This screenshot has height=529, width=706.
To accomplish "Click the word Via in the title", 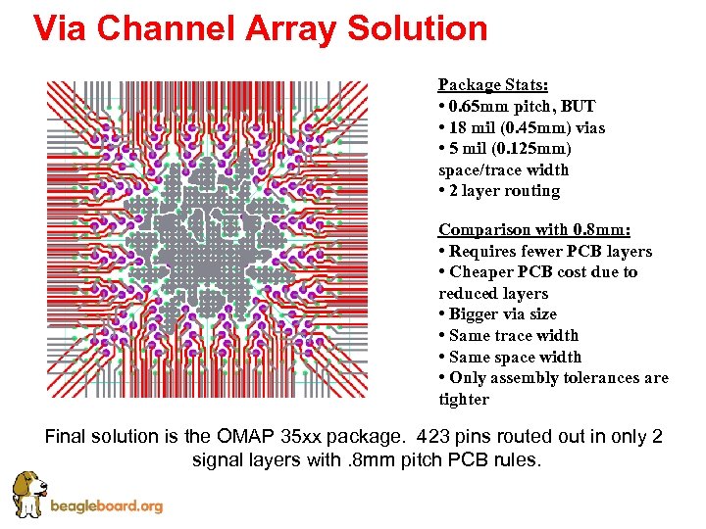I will [63, 28].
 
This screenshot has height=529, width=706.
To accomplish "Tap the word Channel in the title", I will [173, 28].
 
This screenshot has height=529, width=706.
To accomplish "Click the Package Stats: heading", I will [492, 84].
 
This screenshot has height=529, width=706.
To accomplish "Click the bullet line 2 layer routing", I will [499, 191].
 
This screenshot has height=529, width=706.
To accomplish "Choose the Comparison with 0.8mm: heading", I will [534, 229].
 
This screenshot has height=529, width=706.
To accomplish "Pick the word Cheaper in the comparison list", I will [480, 272].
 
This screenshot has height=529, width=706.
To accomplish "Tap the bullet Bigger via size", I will [502, 314].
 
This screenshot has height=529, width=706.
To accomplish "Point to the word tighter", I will [464, 400].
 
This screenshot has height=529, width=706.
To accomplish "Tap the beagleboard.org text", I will [106, 506].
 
